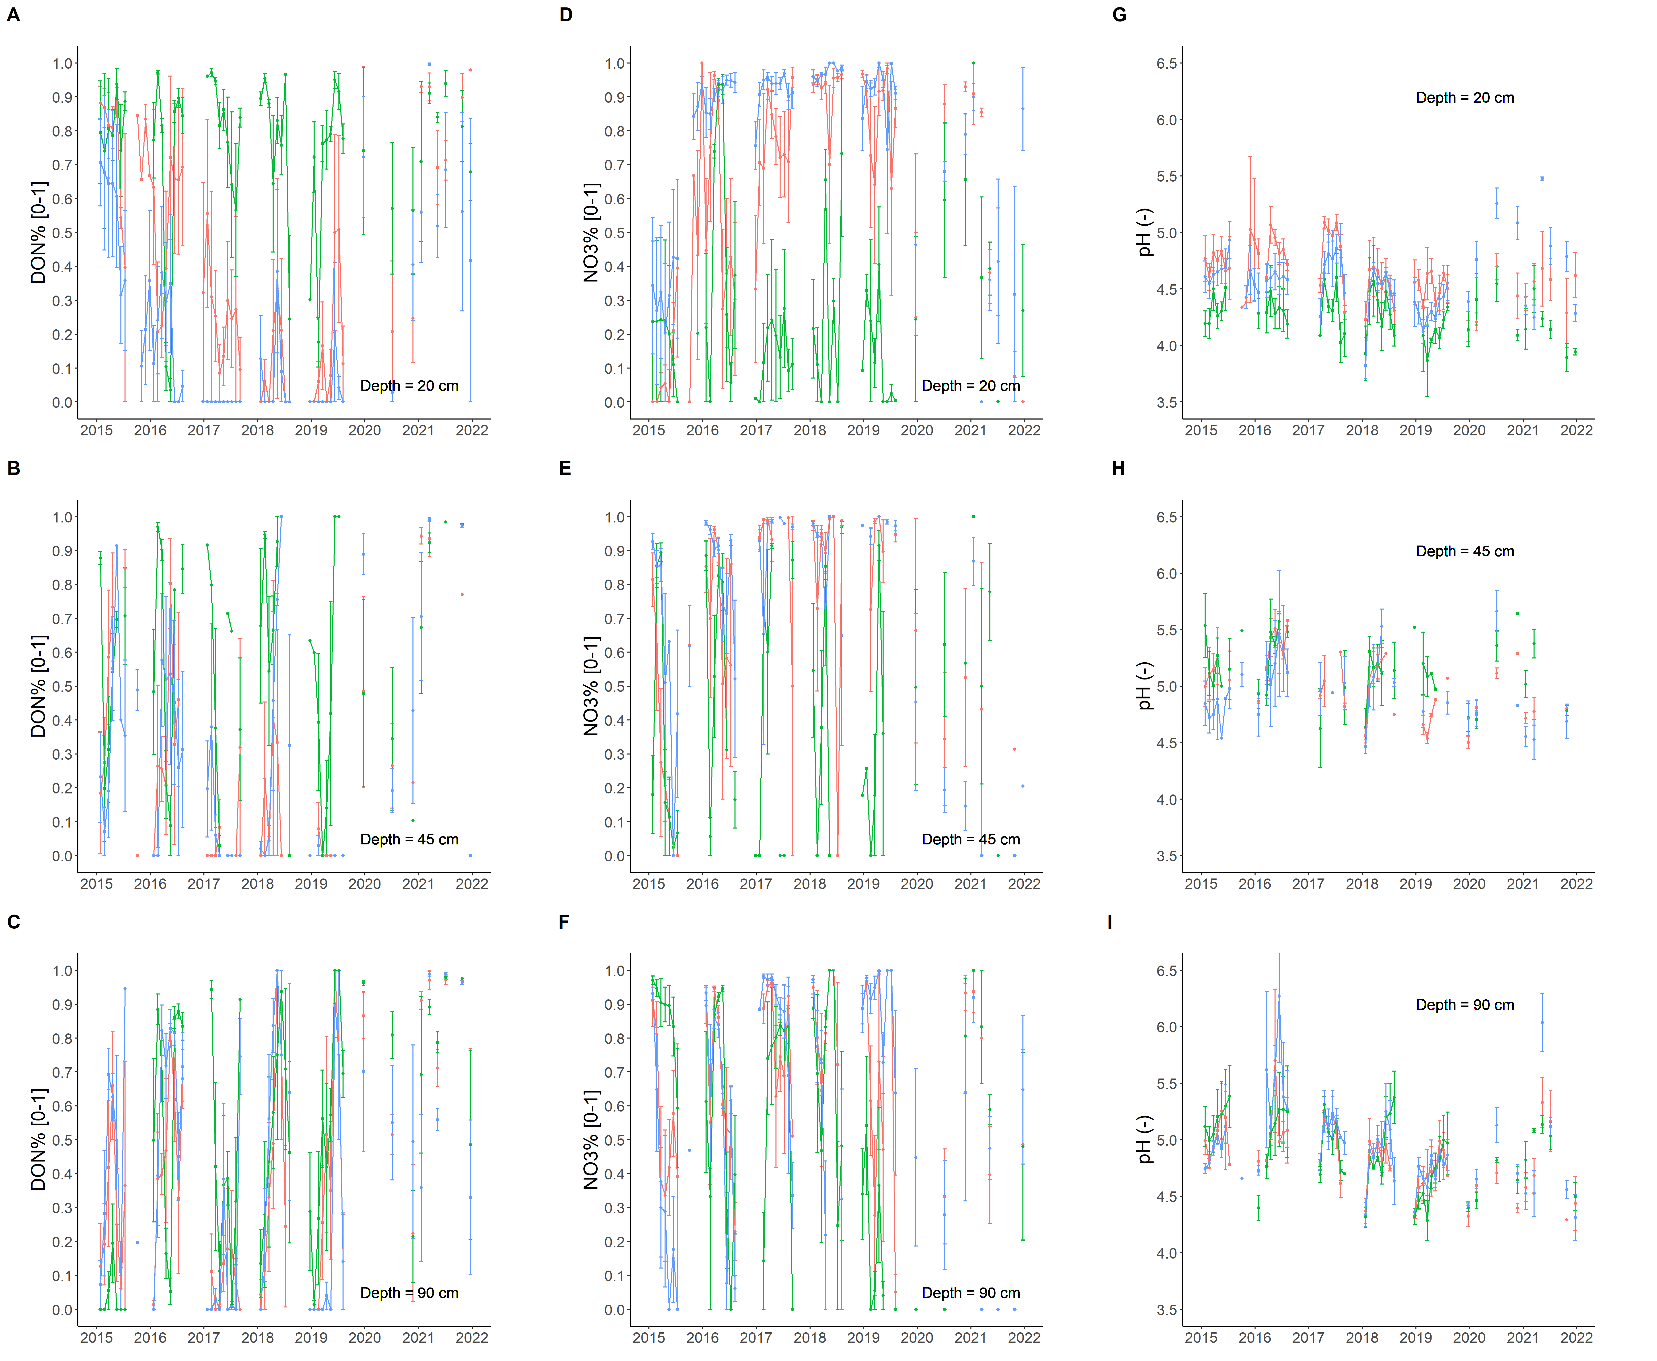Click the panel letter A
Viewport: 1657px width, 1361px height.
click(x=13, y=15)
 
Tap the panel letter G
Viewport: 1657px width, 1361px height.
click(x=1119, y=15)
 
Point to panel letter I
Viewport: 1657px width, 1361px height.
click(x=1110, y=922)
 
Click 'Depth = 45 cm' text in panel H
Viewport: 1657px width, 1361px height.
click(x=1464, y=551)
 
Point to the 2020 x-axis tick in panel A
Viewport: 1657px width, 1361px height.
click(x=365, y=431)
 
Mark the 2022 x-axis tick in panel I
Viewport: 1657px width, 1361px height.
click(x=1576, y=1337)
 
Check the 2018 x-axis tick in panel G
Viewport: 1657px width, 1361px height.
click(x=1362, y=431)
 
